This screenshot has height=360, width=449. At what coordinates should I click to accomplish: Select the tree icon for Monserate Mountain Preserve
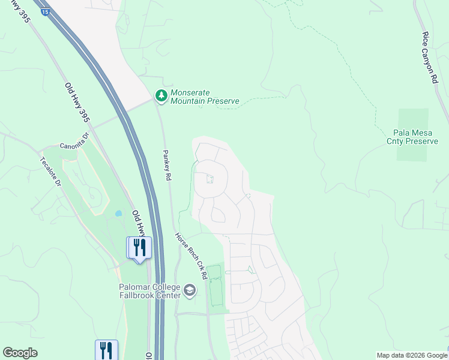(161, 95)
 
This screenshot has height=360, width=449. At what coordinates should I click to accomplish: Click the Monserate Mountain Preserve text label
(205, 97)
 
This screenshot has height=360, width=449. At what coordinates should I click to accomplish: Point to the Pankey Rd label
(168, 166)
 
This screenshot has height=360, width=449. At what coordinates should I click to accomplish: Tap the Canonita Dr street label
(74, 145)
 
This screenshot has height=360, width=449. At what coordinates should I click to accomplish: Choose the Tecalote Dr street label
(51, 172)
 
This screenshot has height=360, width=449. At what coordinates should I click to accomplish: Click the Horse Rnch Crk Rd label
(191, 256)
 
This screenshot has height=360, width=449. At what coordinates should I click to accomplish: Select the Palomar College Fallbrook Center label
(149, 291)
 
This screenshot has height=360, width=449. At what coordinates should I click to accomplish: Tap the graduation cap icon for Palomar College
(190, 291)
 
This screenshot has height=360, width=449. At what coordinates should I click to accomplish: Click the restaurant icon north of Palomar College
(139, 247)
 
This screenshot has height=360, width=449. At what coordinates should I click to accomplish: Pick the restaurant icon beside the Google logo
(106, 350)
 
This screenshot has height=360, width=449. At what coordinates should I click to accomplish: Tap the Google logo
(20, 353)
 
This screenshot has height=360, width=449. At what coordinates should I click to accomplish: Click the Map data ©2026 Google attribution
(411, 355)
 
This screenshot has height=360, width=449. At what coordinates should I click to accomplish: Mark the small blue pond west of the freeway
(118, 213)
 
